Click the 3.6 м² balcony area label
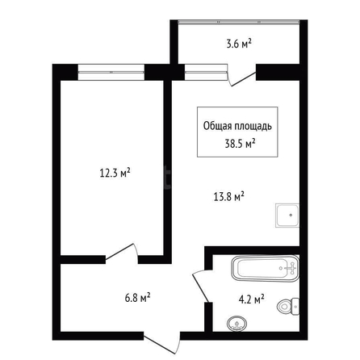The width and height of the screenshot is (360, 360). [239, 44]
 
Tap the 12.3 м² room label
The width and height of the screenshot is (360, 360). [115, 173]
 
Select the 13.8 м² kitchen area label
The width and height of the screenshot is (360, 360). [228, 197]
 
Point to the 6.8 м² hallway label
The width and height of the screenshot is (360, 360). [137, 298]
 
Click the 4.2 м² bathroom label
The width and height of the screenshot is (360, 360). [251, 299]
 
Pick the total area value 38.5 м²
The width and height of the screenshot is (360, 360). [240, 144]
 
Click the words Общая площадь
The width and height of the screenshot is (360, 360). [237, 127]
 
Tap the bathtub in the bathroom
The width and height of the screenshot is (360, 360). [266, 269]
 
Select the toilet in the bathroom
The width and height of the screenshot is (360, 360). [288, 307]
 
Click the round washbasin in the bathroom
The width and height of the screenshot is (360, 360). [237, 324]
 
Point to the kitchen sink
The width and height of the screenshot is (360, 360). [287, 216]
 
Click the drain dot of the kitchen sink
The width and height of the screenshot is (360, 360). [291, 215]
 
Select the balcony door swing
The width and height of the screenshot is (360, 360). [241, 76]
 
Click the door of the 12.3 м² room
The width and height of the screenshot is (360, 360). [122, 253]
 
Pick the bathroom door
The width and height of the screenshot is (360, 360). [201, 286]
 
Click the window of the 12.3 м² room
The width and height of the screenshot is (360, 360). [111, 72]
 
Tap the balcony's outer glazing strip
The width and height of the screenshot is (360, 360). [239, 22]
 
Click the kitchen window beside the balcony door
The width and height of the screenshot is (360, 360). [206, 72]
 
